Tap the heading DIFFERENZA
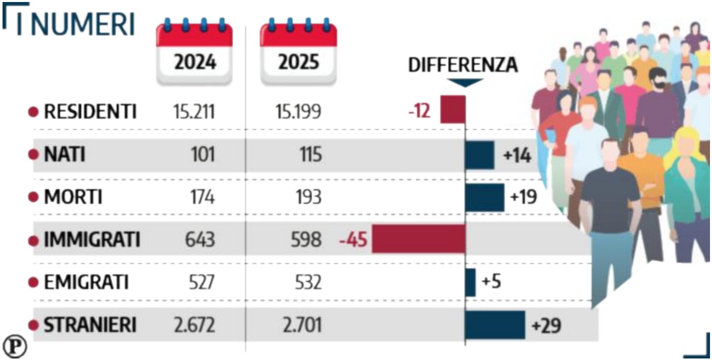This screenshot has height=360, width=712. (x=463, y=65)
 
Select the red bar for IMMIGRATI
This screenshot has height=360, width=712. (x=419, y=239)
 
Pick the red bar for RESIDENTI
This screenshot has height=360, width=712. (x=453, y=109)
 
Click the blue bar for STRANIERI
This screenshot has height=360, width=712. (x=495, y=325)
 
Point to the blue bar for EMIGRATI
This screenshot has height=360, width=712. (x=470, y=282)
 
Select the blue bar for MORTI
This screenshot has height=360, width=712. (x=484, y=197)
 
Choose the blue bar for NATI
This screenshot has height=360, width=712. (x=479, y=155)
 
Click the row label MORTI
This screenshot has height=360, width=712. (x=73, y=197)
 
